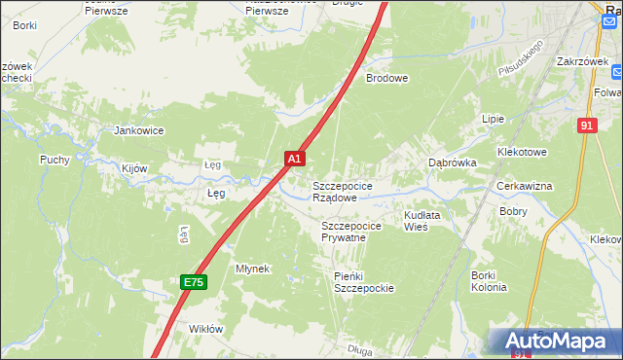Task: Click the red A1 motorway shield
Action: (x=295, y=158)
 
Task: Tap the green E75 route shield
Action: (x=193, y=282)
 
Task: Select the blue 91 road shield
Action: (x=585, y=126)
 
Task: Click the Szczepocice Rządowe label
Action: (x=341, y=191)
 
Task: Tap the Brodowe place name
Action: (x=386, y=79)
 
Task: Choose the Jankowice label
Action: (x=139, y=130)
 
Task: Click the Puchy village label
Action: (x=55, y=160)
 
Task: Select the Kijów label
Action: (x=134, y=168)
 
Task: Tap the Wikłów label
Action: (x=205, y=329)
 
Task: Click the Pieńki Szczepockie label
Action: (x=363, y=282)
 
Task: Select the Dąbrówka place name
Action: (x=453, y=163)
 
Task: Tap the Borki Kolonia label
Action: (x=489, y=281)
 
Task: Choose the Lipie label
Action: (x=493, y=119)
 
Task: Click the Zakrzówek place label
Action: (x=582, y=59)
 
